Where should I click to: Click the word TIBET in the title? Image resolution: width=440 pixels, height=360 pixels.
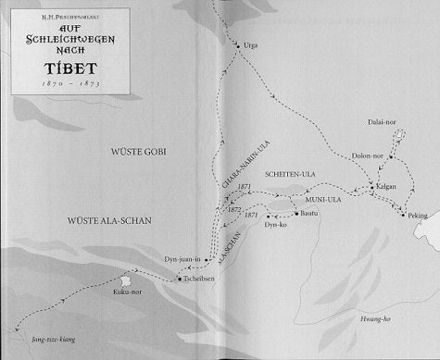coord(60,65)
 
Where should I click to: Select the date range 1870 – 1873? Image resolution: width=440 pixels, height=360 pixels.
coord(60,83)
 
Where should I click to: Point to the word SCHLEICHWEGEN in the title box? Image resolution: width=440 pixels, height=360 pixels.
coord(60,40)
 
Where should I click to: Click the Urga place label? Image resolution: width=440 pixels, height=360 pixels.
coord(250,44)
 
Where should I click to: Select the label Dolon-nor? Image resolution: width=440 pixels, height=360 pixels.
coord(369,155)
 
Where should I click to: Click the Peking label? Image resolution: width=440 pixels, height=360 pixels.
coord(418,216)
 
